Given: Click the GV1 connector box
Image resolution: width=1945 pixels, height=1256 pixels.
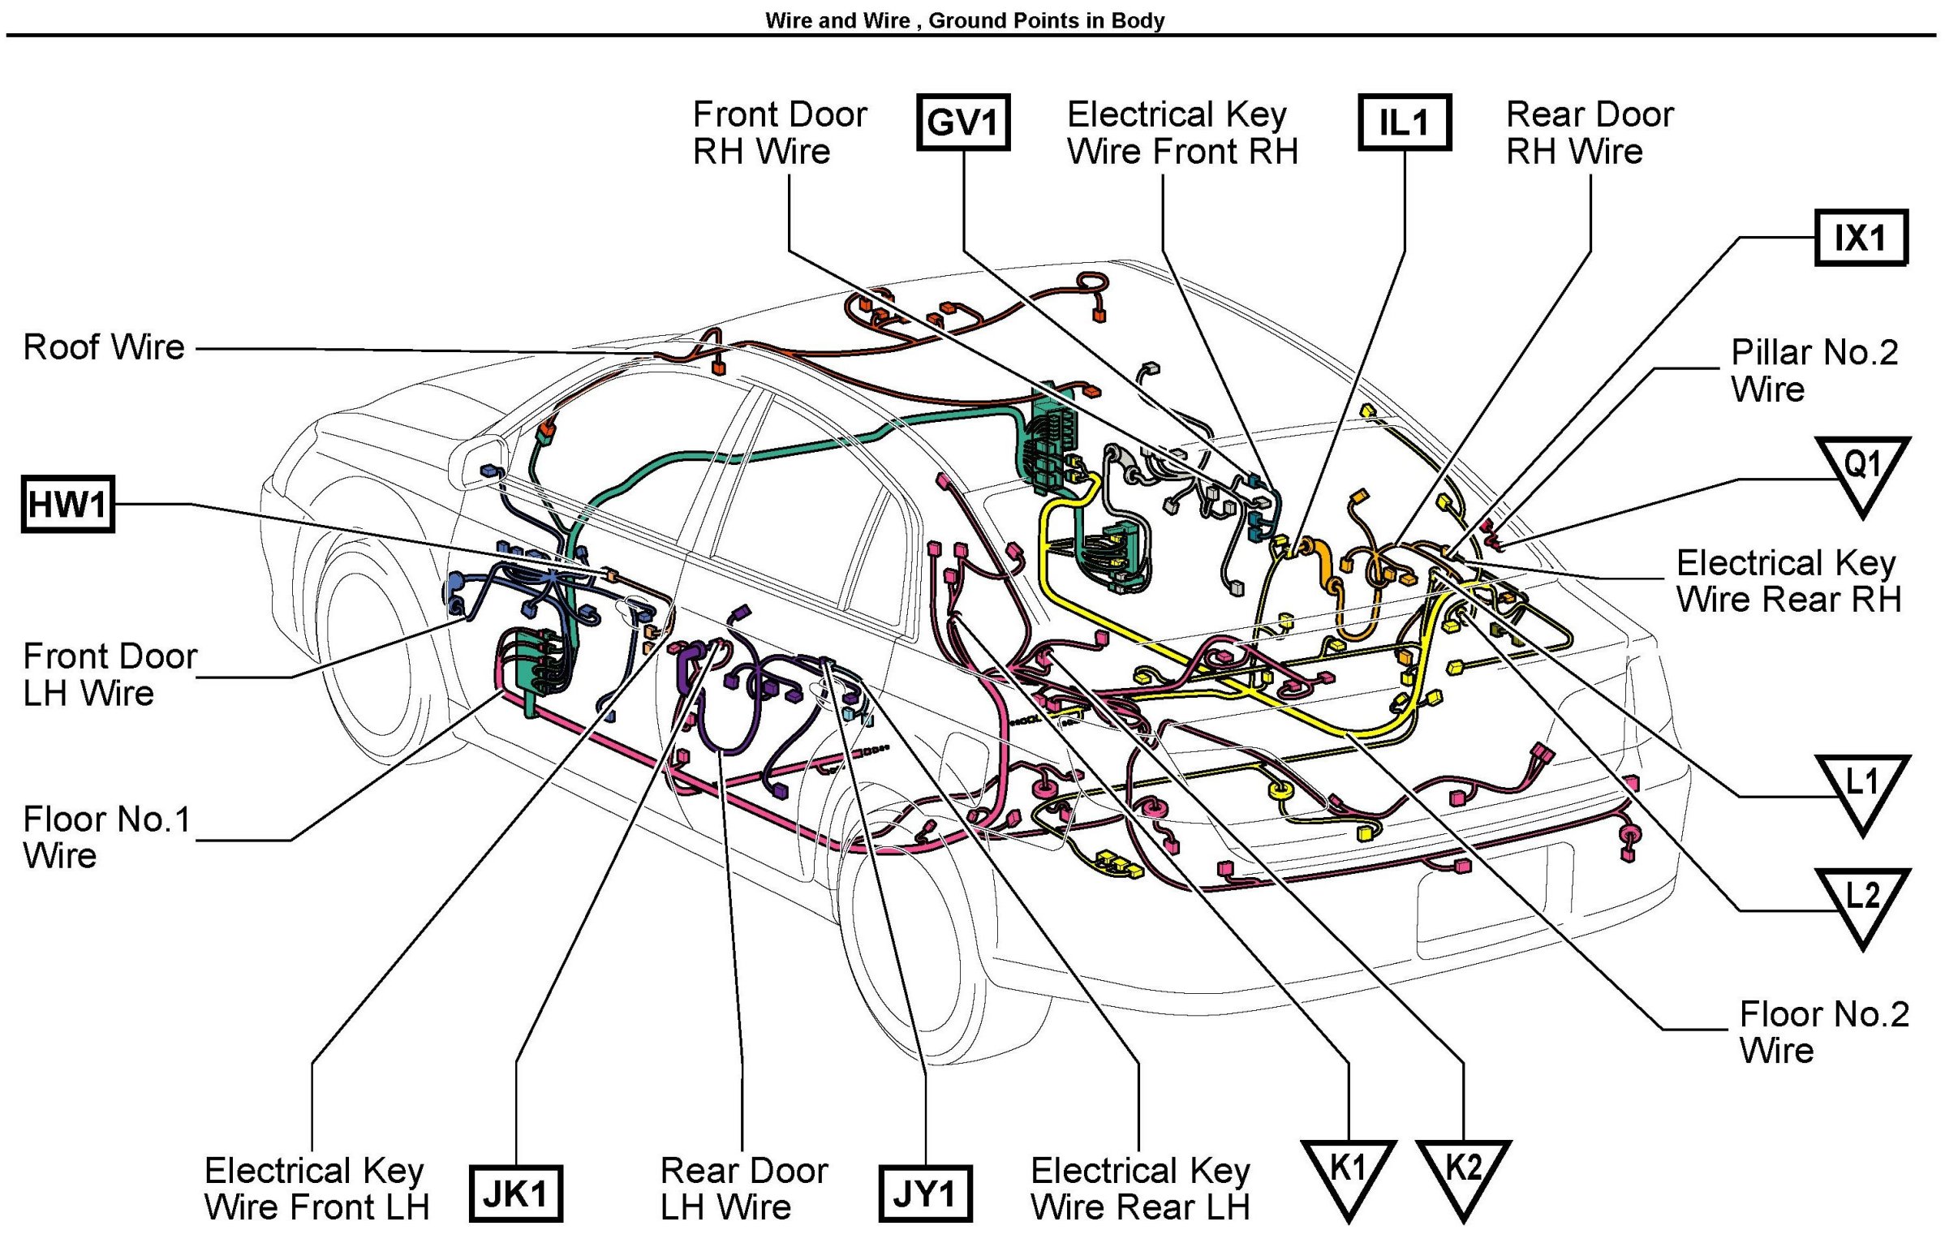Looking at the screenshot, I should click(x=963, y=123).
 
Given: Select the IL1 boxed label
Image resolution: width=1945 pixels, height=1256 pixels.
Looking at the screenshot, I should click(x=1404, y=123).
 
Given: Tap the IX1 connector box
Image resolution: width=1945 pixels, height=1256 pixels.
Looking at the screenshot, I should click(x=1860, y=239).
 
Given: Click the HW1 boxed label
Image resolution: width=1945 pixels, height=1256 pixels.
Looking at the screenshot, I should click(x=67, y=504).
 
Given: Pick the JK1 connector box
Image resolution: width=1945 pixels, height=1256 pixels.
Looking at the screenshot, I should click(x=515, y=1194).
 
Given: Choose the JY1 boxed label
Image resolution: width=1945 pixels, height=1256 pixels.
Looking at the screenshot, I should click(x=925, y=1194).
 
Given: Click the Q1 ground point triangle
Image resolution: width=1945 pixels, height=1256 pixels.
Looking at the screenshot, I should click(x=1861, y=471).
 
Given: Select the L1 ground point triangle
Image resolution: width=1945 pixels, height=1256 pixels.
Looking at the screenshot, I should click(x=1861, y=788).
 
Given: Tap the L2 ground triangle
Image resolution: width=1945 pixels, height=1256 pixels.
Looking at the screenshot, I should click(x=1861, y=901).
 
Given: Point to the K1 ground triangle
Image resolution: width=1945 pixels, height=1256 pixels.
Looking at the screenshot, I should click(x=1348, y=1172).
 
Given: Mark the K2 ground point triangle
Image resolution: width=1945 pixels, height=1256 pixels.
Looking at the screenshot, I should click(x=1463, y=1172).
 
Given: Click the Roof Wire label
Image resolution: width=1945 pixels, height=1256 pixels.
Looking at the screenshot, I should click(x=105, y=347).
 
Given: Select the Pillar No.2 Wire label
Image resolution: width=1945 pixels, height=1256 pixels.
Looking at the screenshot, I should click(x=1814, y=371).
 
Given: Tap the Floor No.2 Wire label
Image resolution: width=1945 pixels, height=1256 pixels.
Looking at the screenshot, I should click(x=1823, y=1032).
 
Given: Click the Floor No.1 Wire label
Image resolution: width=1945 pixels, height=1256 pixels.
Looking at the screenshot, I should click(x=106, y=837).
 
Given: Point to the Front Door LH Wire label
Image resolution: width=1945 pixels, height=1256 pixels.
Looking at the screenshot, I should click(x=110, y=674).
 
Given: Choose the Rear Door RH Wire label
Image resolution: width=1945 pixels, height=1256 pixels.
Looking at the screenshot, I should click(x=1589, y=133).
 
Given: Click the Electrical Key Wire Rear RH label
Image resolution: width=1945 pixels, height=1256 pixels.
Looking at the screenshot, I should click(x=1788, y=582).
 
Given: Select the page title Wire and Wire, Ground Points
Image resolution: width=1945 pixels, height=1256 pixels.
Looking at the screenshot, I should click(x=964, y=20).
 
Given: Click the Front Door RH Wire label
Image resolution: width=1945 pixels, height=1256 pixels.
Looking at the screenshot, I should click(x=779, y=133).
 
